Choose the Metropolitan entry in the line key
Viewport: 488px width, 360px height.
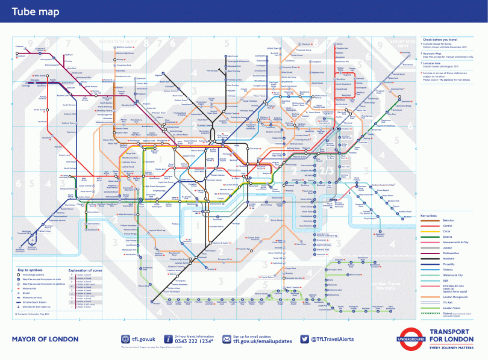(x=451, y=245)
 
